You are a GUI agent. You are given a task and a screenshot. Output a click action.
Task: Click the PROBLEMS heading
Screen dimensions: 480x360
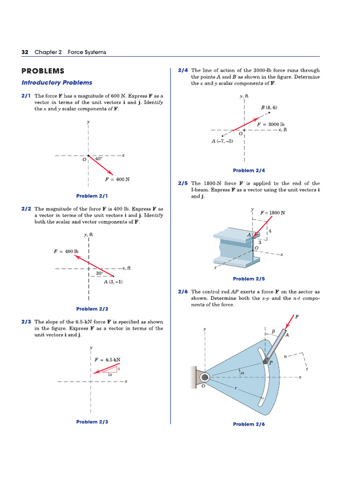43,71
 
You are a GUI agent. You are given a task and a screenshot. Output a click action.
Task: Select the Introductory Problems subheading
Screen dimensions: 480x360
57,82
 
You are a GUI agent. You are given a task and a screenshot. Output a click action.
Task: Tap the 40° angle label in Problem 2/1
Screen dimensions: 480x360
98,159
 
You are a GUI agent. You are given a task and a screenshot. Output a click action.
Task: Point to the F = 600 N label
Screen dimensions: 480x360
117,179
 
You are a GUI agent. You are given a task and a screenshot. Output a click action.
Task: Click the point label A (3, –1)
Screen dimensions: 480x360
113,282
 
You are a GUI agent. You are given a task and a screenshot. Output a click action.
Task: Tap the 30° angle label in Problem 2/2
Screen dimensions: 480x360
99,273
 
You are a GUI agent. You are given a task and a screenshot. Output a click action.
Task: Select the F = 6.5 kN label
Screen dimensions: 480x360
107,360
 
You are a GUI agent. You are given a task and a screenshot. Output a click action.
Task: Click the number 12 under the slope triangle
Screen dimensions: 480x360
110,375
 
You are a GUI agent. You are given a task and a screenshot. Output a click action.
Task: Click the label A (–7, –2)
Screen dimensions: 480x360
222,141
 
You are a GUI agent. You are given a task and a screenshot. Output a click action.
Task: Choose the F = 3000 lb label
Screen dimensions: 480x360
271,124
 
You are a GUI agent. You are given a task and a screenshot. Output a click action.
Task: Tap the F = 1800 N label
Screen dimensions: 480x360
272,212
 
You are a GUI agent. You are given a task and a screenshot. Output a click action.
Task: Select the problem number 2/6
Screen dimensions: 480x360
183,291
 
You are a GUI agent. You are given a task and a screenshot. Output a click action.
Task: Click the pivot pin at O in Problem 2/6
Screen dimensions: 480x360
204,377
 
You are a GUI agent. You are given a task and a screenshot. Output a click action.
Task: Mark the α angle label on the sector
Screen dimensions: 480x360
243,373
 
